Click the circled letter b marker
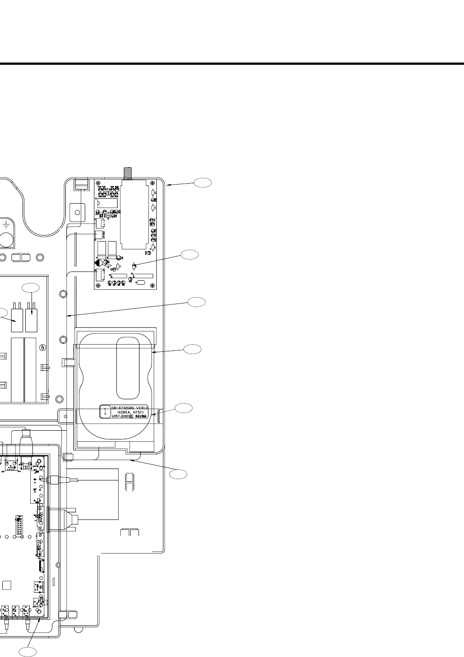[42, 347]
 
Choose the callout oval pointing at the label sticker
[183, 408]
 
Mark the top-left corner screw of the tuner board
[97, 183]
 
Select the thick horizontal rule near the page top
[232, 63]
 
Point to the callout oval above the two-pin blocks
[31, 287]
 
